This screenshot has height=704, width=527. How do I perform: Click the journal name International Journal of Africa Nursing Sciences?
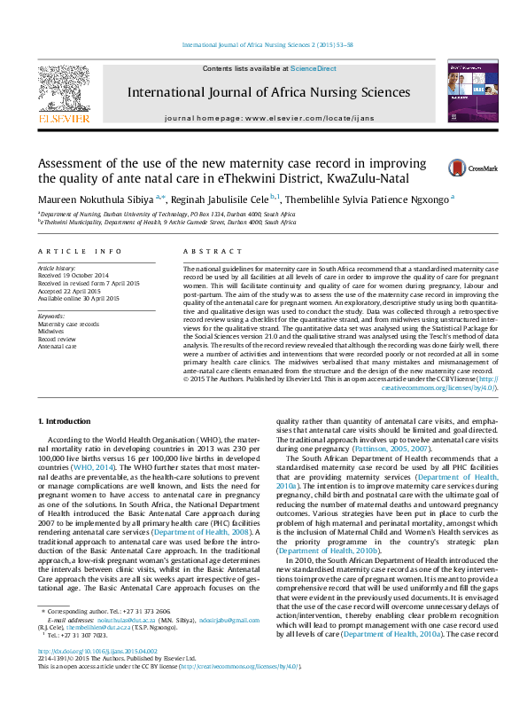261,91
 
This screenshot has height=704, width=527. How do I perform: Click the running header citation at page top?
267,44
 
